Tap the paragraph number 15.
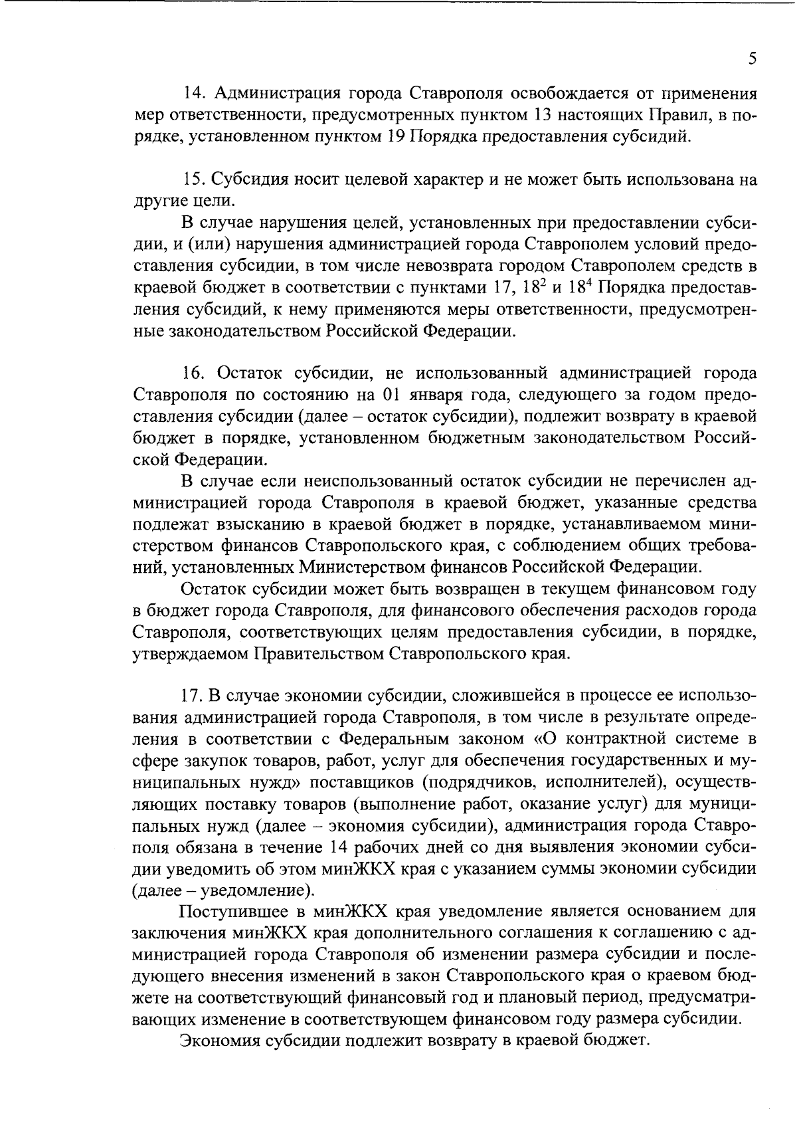(x=194, y=180)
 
